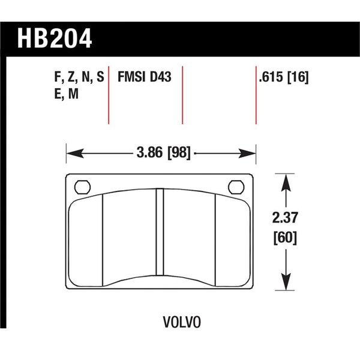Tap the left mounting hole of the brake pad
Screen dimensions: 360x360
click(80, 187)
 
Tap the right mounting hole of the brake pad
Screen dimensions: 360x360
click(235, 187)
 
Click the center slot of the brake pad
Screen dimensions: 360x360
click(160, 237)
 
